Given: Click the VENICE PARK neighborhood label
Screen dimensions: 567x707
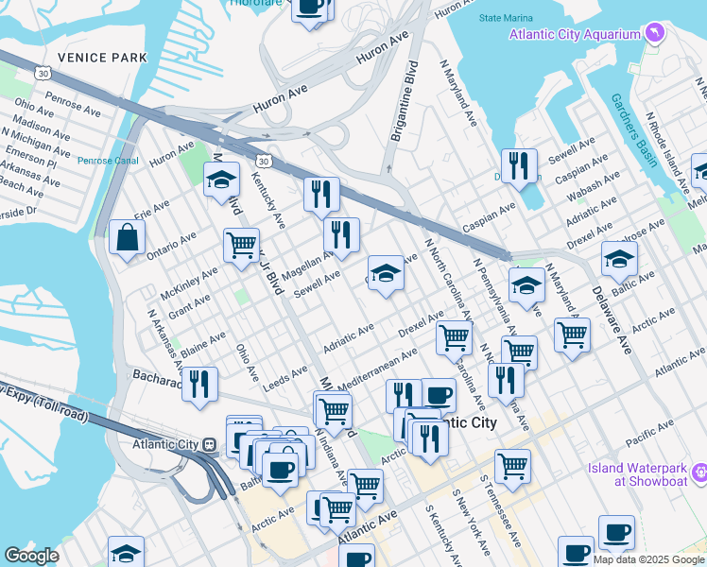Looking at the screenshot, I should pyautogui.click(x=102, y=57).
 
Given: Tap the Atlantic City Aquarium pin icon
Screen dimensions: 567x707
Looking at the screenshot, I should pyautogui.click(x=655, y=35).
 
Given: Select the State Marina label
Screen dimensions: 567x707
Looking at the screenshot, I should pyautogui.click(x=507, y=18).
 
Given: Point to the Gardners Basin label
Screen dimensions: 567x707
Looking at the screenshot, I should pyautogui.click(x=633, y=130).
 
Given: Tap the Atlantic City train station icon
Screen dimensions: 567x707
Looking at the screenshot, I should pyautogui.click(x=209, y=444).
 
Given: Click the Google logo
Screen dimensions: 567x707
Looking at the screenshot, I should pyautogui.click(x=31, y=556).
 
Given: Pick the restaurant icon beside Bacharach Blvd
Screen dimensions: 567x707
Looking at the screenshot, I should pyautogui.click(x=198, y=384).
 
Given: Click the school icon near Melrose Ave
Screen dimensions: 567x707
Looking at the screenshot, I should pyautogui.click(x=619, y=259).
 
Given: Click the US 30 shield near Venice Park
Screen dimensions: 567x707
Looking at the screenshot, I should pyautogui.click(x=42, y=73).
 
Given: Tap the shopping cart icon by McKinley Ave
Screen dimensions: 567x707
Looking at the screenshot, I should pyautogui.click(x=242, y=246).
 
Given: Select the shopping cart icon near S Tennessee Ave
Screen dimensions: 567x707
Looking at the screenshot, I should pyautogui.click(x=512, y=465).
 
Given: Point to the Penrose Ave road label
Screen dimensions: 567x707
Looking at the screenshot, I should pyautogui.click(x=73, y=105).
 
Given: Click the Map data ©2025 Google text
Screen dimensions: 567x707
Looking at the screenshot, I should pyautogui.click(x=648, y=559).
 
